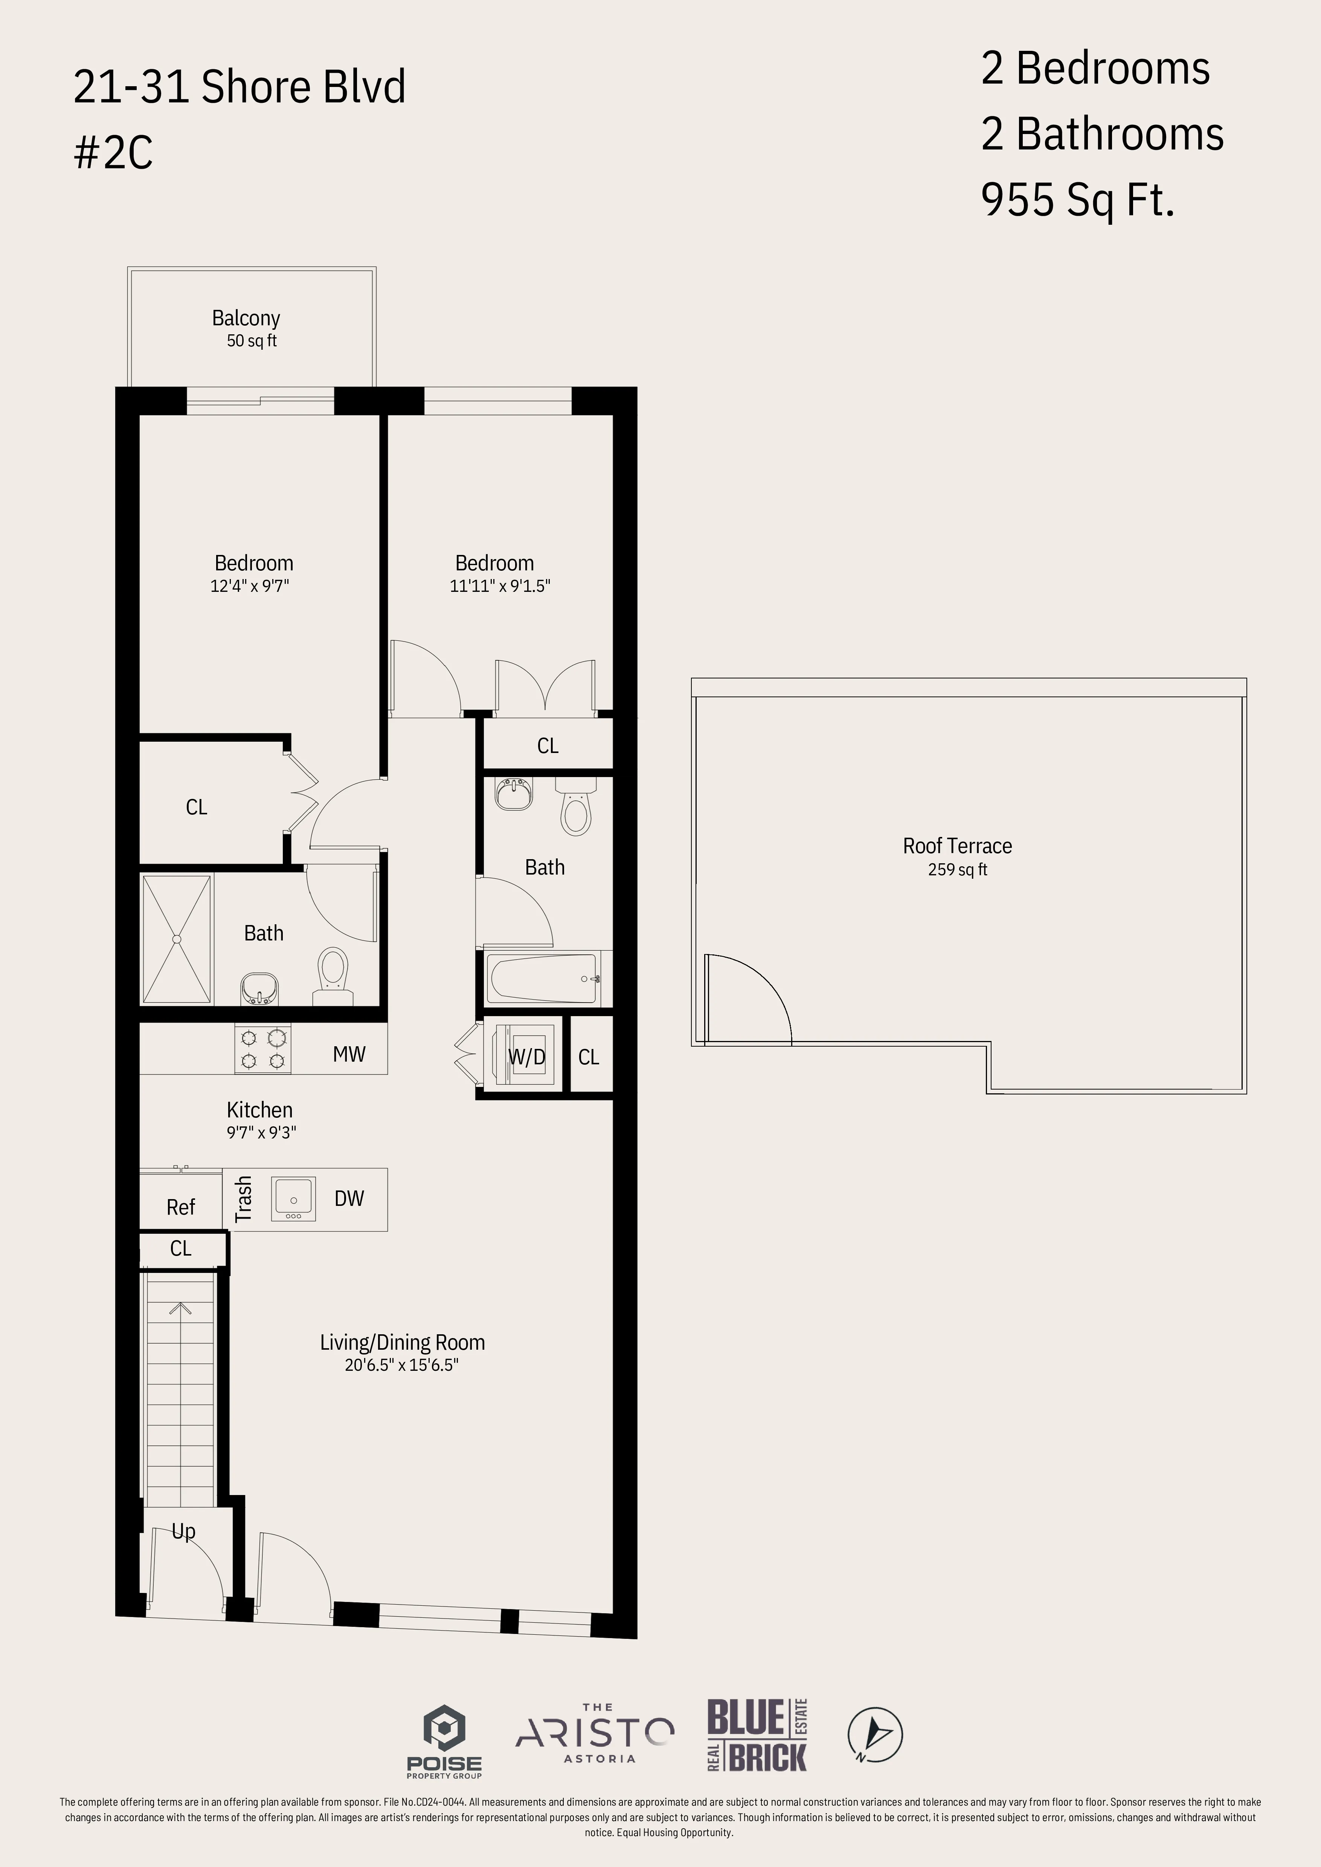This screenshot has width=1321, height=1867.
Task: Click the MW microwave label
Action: (349, 1054)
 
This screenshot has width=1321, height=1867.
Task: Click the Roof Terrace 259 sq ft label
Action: (957, 856)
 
